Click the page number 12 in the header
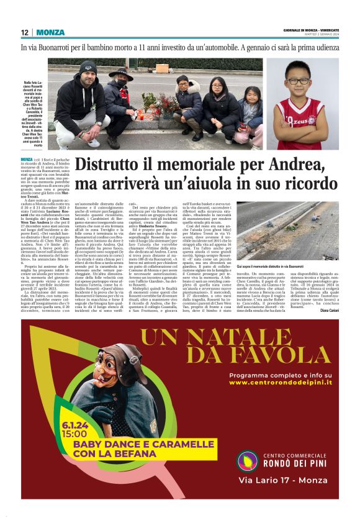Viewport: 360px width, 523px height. click(24, 32)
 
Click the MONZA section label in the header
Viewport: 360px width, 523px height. click(50, 32)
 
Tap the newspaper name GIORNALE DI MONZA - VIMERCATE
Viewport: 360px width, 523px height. click(308, 30)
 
